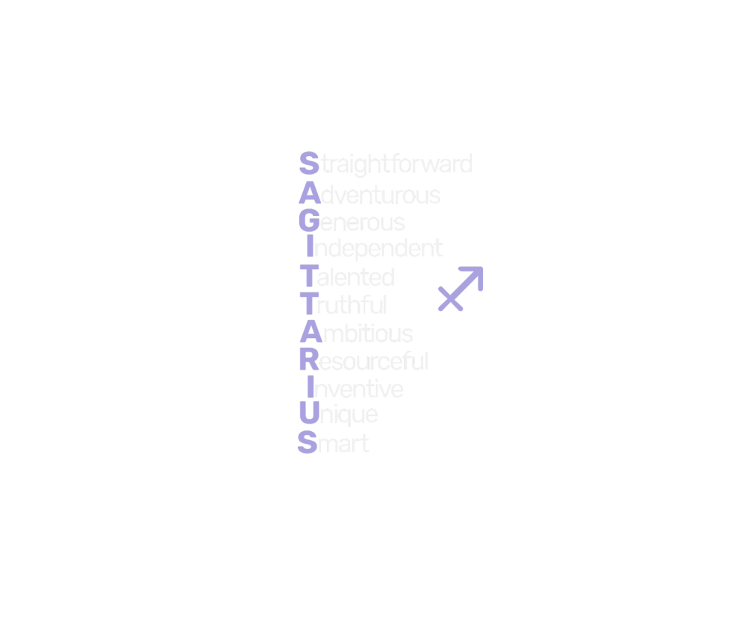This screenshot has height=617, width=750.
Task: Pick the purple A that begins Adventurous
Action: pyautogui.click(x=309, y=194)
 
